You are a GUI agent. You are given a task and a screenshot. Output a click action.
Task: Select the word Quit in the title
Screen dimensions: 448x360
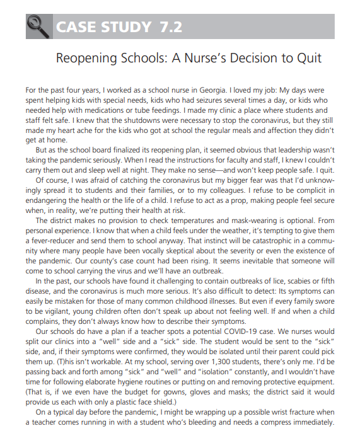[307, 59]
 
